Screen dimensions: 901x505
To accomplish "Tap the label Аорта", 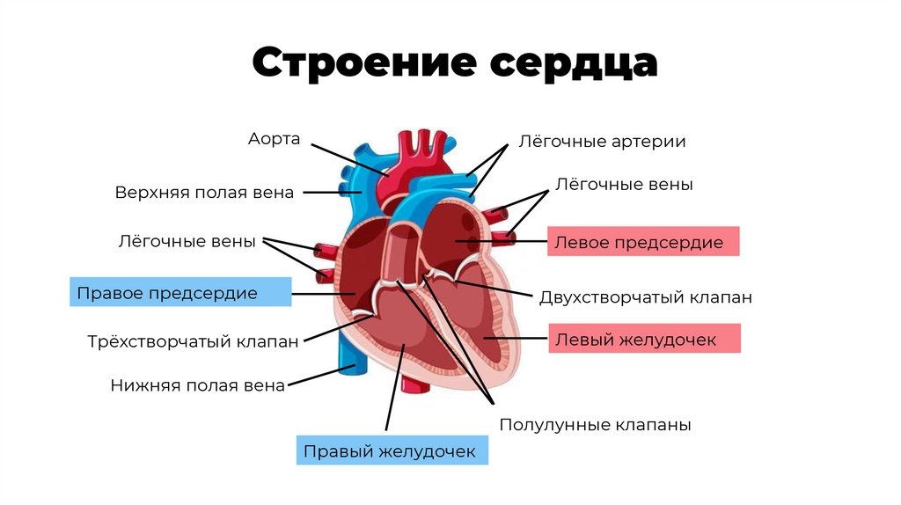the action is [274, 139].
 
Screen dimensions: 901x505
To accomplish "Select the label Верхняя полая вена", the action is [204, 193].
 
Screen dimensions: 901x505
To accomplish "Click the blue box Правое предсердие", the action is [180, 293].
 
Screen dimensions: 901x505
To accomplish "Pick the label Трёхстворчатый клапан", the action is [194, 341].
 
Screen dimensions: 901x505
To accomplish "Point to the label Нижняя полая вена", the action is [198, 385].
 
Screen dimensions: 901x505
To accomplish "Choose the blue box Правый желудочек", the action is [390, 451].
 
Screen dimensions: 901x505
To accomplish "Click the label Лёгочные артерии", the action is [602, 141].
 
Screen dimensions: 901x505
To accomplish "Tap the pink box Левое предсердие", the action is [643, 242].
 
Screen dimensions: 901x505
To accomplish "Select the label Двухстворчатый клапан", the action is [645, 297].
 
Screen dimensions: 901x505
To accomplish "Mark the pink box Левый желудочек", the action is [644, 339].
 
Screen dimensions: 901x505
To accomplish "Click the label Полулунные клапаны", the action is [595, 425].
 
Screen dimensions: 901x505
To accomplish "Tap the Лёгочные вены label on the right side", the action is [625, 185].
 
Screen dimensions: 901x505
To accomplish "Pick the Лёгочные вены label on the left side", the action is [187, 240].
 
